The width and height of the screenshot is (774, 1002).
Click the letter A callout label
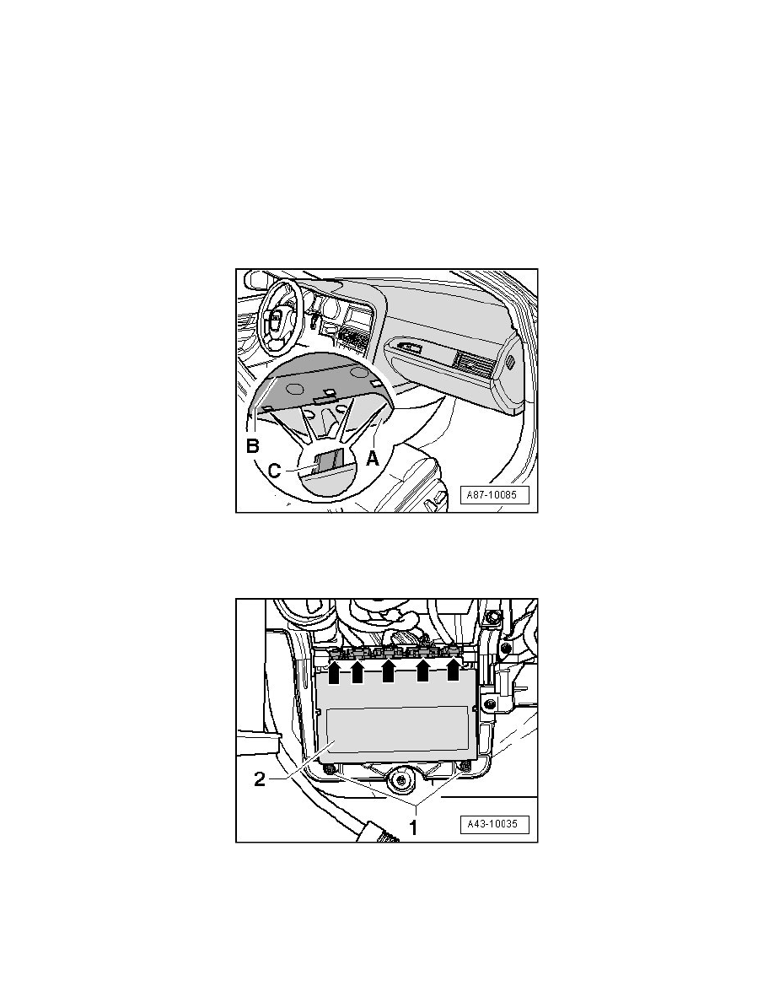pos(373,457)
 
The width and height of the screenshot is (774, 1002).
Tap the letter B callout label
pos(254,445)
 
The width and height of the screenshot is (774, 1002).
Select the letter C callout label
pos(275,471)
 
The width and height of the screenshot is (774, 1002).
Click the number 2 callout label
pos(260,779)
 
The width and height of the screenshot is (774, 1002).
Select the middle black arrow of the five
pos(389,671)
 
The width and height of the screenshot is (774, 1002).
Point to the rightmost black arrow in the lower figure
pos(453,669)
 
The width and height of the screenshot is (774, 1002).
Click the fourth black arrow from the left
pos(422,671)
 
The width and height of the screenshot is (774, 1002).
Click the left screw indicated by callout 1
pos(330,768)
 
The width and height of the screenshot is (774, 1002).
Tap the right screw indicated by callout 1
pos(469,767)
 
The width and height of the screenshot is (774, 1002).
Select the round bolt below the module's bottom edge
pos(400,779)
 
